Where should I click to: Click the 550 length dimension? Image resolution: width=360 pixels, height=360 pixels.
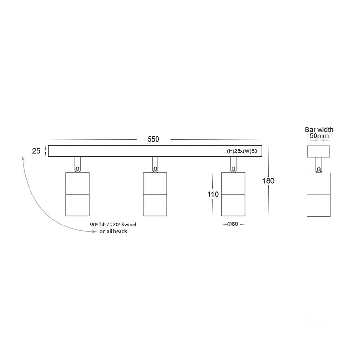(x=153, y=139)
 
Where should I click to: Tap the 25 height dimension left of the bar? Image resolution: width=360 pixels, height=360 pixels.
(x=36, y=151)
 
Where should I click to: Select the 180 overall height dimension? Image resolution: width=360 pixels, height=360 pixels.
(x=269, y=181)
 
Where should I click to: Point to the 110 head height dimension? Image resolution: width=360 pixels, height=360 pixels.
(x=213, y=195)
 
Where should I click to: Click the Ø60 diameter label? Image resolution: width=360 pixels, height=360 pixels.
(x=233, y=224)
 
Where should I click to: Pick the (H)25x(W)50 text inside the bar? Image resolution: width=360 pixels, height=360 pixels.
(x=242, y=151)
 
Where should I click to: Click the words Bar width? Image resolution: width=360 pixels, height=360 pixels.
(x=319, y=130)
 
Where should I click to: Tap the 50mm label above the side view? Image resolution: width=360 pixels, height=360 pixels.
(x=319, y=136)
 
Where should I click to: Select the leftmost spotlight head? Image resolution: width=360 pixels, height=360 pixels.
(x=77, y=194)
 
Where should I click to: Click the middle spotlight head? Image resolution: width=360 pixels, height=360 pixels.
(x=155, y=194)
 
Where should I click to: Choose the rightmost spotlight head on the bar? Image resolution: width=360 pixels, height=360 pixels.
(x=233, y=194)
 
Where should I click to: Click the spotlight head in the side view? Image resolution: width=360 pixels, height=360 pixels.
(x=319, y=195)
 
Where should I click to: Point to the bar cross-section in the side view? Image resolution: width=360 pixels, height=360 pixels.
(x=319, y=151)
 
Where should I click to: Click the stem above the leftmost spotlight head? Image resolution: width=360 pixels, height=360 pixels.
(x=77, y=164)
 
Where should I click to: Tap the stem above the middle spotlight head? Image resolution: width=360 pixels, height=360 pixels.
(x=155, y=164)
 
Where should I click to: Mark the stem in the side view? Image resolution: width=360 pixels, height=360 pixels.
(x=319, y=165)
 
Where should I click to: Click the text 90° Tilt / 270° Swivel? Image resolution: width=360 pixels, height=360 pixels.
(x=113, y=225)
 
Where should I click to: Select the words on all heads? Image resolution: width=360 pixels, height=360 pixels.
(x=113, y=231)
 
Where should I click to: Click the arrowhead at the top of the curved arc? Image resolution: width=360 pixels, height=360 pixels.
(x=23, y=157)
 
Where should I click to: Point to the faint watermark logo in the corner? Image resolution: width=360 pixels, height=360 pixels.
(x=316, y=322)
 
